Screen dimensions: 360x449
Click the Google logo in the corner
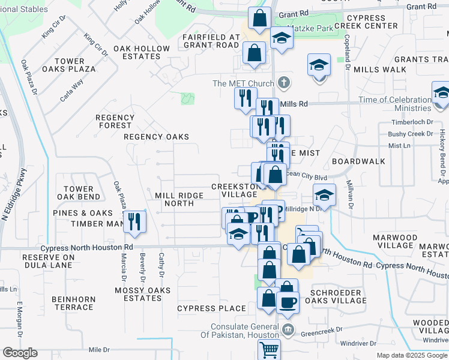pos(20,353)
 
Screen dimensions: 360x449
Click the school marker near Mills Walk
pos(319,65)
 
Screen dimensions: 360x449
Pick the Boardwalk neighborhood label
pos(358,161)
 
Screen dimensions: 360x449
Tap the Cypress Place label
pos(211,308)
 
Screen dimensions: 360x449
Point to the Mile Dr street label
pos(100,349)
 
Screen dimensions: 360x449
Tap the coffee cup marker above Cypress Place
pos(287,302)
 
